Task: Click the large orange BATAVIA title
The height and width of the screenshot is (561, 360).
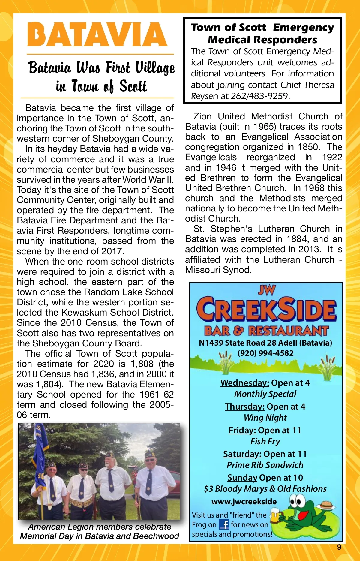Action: [x=97, y=34]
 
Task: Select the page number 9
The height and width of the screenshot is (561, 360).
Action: [x=339, y=547]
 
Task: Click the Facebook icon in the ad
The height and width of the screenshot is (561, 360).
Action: [x=224, y=524]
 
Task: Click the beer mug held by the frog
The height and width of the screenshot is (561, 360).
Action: [x=275, y=515]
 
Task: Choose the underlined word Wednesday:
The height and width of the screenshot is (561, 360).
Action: [x=245, y=383]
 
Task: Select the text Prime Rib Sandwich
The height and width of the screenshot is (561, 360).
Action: [x=265, y=465]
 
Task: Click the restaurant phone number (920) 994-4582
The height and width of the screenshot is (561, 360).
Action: [x=265, y=353]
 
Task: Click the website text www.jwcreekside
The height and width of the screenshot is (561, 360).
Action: [x=244, y=502]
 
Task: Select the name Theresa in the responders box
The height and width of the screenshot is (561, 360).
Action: [x=319, y=85]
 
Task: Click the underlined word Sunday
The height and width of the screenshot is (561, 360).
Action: [x=242, y=478]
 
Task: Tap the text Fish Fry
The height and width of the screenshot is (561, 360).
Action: [x=265, y=441]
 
